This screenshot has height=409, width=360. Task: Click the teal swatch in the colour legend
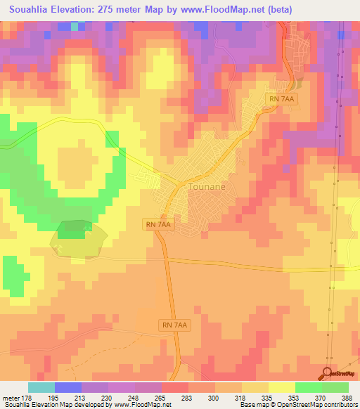click(41, 387)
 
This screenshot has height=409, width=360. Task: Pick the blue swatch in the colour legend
click(68, 387)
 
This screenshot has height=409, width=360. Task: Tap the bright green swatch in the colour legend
click(308, 387)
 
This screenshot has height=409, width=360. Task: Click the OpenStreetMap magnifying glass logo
click(327, 373)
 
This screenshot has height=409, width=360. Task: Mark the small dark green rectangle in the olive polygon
click(73, 226)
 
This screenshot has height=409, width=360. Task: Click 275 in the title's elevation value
click(112, 10)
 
